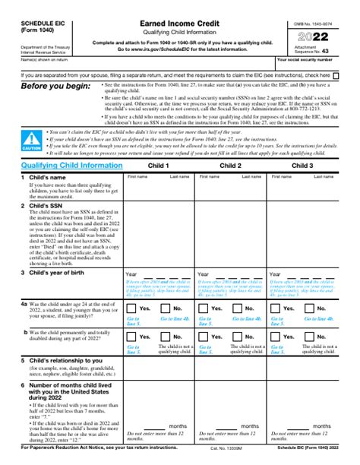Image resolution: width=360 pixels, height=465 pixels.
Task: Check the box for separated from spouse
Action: coord(336,76)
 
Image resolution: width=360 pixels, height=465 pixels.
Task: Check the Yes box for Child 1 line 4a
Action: coord(131,308)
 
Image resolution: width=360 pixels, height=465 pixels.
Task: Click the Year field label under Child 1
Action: coord(131,274)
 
